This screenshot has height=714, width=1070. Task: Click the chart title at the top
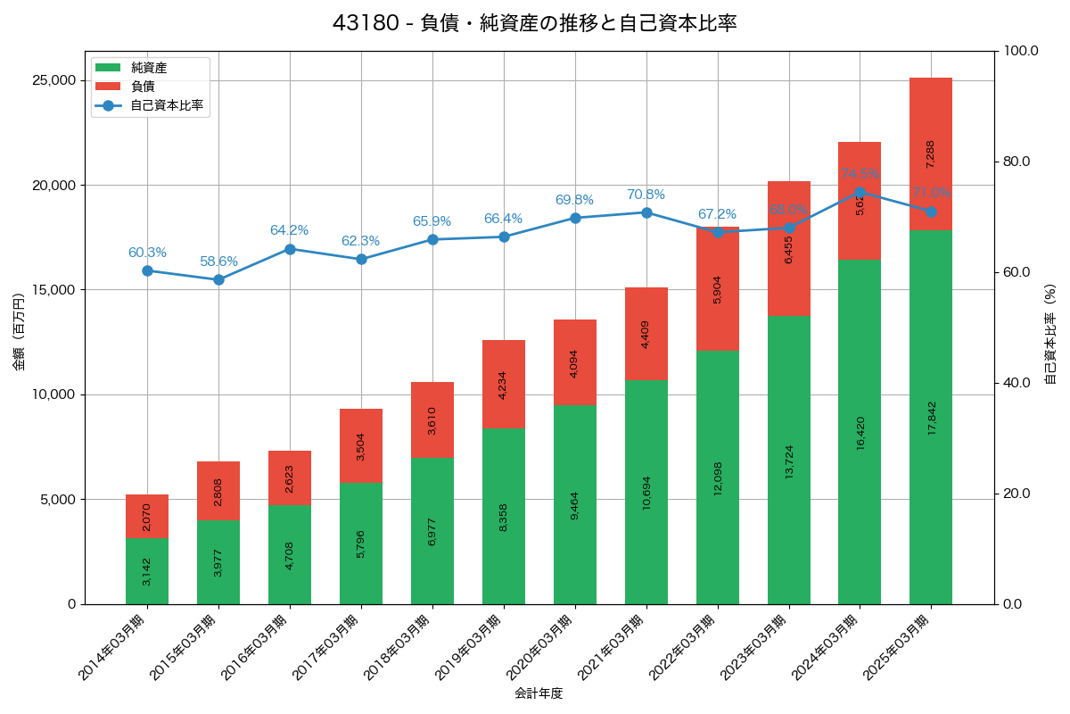click(534, 23)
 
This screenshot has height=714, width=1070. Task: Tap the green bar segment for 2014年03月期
click(147, 571)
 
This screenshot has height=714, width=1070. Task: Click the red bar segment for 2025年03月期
click(931, 154)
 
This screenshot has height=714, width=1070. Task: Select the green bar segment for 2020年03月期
click(575, 504)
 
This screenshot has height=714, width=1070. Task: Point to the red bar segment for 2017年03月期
click(361, 446)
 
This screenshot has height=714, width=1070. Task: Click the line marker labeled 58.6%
click(218, 279)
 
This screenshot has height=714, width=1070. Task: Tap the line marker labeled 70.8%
click(646, 212)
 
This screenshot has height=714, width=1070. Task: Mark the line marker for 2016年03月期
click(290, 249)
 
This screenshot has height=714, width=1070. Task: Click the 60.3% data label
click(147, 253)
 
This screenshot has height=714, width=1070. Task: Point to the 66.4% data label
click(504, 219)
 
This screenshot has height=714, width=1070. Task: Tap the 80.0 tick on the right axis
click(1017, 162)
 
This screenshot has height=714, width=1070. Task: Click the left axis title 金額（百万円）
click(19, 332)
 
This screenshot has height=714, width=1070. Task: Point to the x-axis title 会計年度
click(539, 693)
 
